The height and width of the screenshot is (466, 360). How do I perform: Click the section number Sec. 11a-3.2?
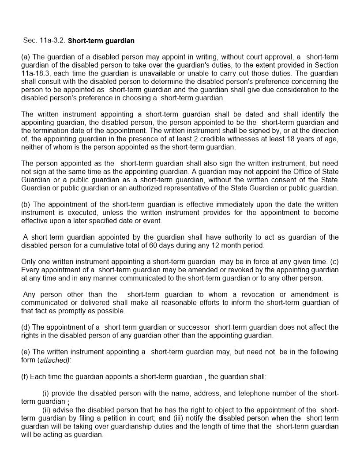tap(44, 41)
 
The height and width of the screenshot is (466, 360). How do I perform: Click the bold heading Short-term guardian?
tap(101, 41)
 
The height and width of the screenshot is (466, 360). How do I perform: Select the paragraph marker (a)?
tap(26, 57)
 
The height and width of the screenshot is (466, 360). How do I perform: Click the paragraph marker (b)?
tap(26, 204)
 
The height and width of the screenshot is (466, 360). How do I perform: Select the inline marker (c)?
tap(334, 262)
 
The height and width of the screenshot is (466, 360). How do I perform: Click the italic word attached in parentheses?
tap(54, 360)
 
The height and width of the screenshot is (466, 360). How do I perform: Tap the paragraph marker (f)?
tap(26, 377)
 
